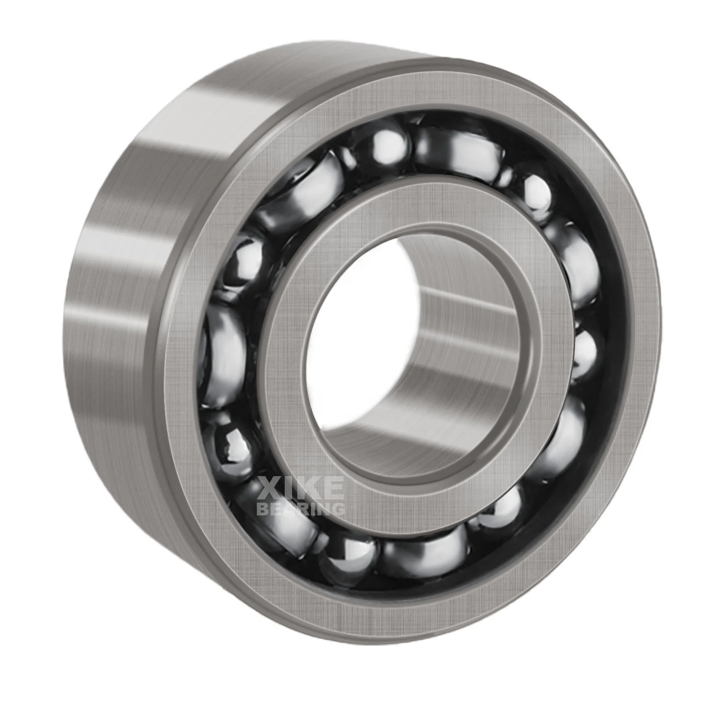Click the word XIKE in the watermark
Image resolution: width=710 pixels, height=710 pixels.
(301, 488)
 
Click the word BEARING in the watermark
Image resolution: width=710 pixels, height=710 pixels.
(301, 509)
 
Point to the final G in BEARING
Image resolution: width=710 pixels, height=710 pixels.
(338, 509)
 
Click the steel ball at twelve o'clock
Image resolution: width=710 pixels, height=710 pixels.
(386, 142)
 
